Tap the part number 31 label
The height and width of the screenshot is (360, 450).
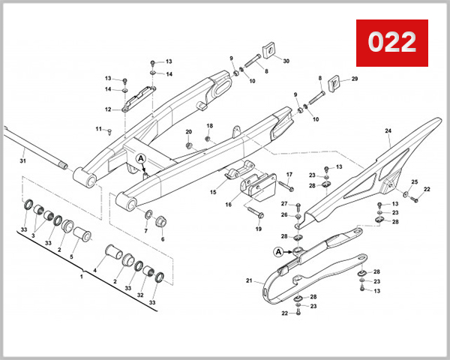click(x=22, y=161)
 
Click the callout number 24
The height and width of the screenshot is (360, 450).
click(x=388, y=131)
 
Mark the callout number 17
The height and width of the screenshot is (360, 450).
click(x=289, y=175)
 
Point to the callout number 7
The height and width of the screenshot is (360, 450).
click(x=145, y=232)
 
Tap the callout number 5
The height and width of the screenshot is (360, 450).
click(x=72, y=257)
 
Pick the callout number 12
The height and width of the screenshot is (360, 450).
click(x=108, y=109)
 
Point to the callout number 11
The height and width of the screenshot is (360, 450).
click(x=98, y=129)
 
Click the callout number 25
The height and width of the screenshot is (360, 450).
click(x=414, y=182)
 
